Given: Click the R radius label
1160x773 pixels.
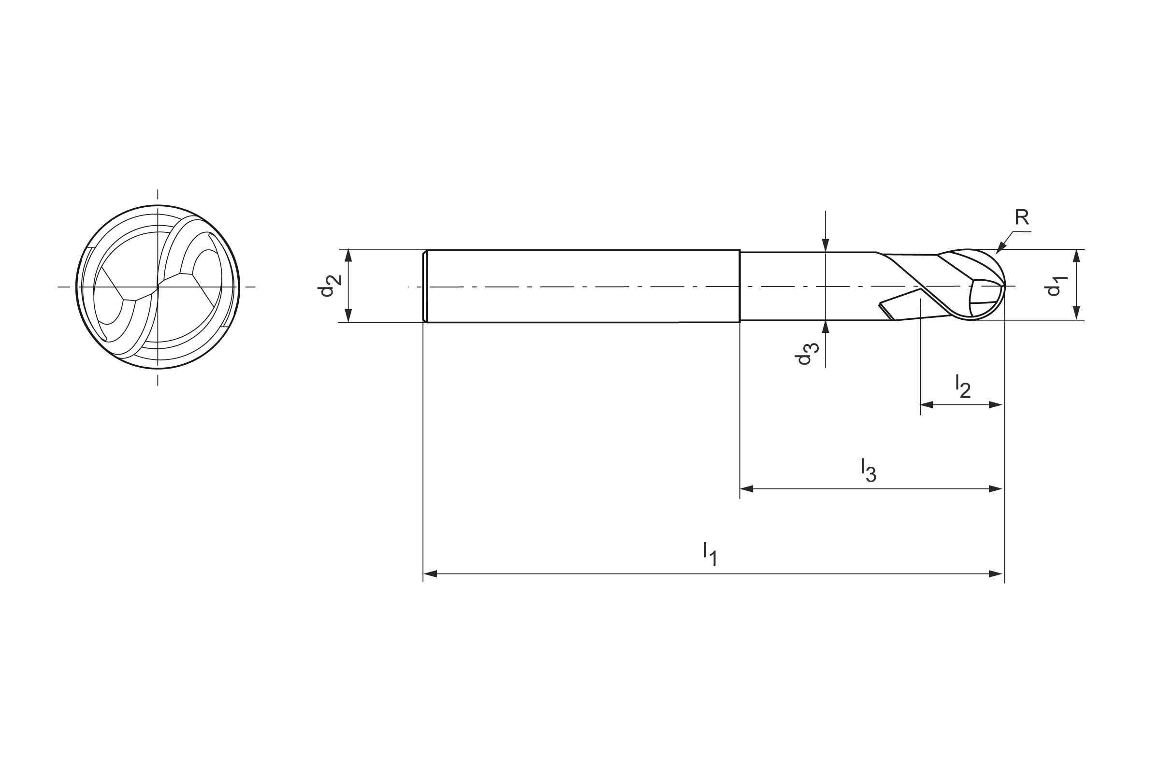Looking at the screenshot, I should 1021,217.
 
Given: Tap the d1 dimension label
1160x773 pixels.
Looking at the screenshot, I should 1055,286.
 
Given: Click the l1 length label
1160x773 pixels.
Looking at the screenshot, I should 710,553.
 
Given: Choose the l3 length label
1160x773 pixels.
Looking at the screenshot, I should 868,470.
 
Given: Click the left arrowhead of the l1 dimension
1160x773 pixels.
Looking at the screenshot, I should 430,574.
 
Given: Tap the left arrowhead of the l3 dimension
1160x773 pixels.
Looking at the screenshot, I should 747,489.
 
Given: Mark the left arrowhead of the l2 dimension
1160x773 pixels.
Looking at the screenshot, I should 927,405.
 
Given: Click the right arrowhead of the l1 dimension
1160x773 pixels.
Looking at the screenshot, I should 995,574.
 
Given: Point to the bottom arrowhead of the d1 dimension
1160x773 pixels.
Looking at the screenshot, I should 1077,314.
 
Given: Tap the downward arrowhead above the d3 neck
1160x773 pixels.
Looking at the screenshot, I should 826,245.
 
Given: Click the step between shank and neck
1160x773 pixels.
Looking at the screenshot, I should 740,286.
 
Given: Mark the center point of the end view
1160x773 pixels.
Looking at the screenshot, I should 158,286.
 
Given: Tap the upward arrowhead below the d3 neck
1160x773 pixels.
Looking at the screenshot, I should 826,327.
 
